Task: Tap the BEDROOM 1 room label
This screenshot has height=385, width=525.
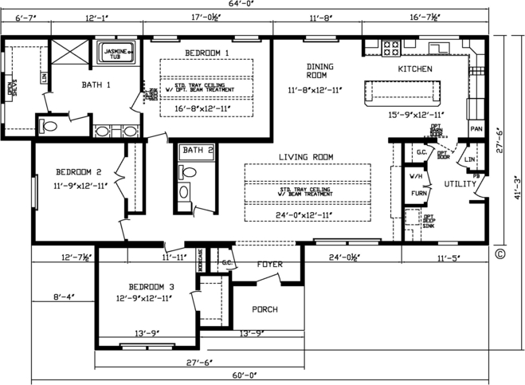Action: coord(207,53)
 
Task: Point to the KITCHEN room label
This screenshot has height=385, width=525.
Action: coord(414,69)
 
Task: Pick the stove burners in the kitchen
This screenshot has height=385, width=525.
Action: coord(390,47)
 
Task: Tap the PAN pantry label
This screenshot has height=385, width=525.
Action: coord(476,128)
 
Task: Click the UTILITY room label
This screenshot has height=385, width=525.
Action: coord(460,184)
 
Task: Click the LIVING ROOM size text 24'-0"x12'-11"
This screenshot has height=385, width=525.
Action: coord(307,215)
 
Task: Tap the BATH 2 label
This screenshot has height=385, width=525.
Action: coord(198,150)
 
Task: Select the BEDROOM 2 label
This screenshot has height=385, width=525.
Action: coord(78,171)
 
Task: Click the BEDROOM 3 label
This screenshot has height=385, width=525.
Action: coord(151,287)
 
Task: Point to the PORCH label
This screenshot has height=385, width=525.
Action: coord(265,309)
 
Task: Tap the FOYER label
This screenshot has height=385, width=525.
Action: coord(270,264)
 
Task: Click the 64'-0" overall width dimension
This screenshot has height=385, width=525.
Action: coord(261,6)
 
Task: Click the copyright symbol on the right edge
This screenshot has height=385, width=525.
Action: coord(500,255)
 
